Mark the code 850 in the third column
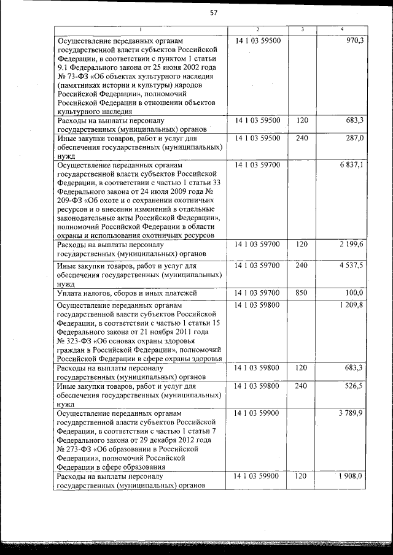tap(302, 293)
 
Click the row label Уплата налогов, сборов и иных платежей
tap(126, 294)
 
